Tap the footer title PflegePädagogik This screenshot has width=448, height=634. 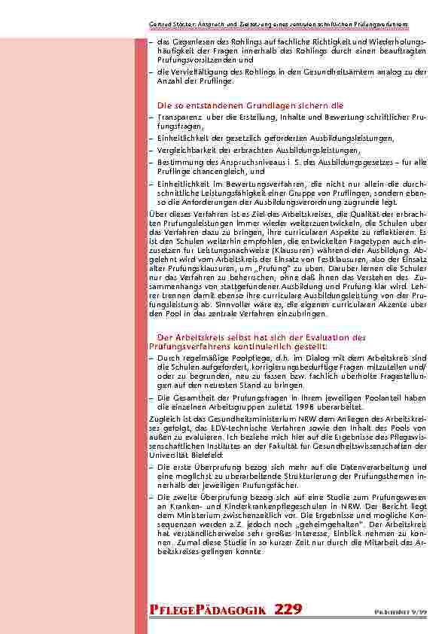[x=208, y=610]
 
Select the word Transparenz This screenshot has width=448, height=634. [x=178, y=118]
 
